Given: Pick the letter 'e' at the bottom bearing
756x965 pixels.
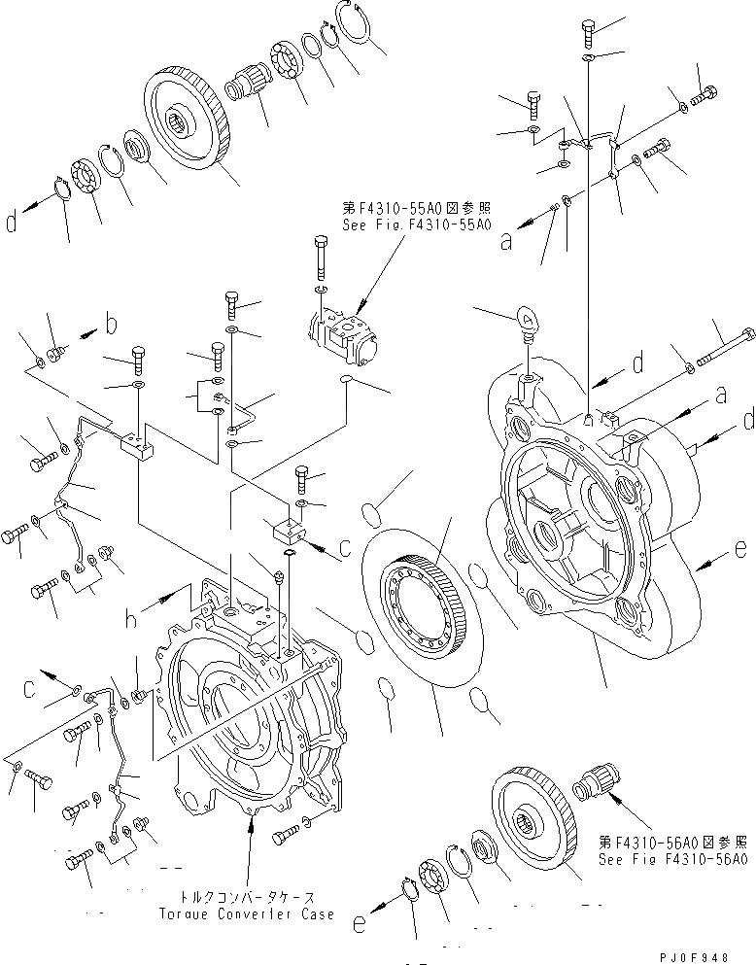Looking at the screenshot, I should click(x=361, y=925).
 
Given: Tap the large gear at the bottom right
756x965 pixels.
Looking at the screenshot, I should click(x=534, y=814).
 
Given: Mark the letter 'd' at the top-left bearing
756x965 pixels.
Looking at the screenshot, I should click(x=12, y=224).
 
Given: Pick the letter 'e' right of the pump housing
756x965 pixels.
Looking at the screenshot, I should click(x=741, y=550).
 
